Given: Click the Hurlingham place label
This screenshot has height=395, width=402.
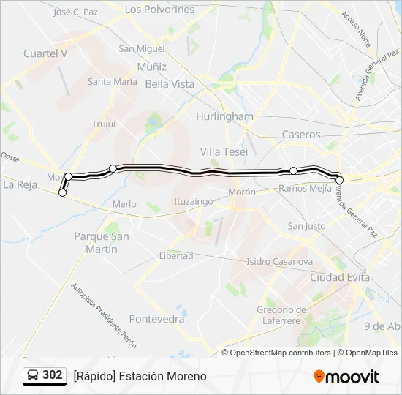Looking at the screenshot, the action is pyautogui.click(x=224, y=116).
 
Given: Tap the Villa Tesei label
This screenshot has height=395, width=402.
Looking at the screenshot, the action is pyautogui.click(x=224, y=151).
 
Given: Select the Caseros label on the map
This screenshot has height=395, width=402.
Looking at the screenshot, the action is pyautogui.click(x=301, y=135).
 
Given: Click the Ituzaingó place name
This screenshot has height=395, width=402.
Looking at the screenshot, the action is pyautogui.click(x=193, y=200).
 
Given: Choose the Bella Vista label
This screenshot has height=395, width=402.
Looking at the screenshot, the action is pyautogui.click(x=170, y=84).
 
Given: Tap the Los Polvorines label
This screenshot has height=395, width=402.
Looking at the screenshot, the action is pyautogui.click(x=159, y=10).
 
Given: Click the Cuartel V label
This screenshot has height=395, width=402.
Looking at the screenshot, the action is pyautogui.click(x=45, y=53).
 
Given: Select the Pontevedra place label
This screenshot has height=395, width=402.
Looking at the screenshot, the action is pyautogui.click(x=156, y=319).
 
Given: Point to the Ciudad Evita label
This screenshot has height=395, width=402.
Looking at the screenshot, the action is pyautogui.click(x=340, y=278).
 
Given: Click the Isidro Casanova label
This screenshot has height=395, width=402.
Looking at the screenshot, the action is pyautogui.click(x=279, y=261).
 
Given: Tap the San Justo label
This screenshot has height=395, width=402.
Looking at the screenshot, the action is pyautogui.click(x=306, y=226).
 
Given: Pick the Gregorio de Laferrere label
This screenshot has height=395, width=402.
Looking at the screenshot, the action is pyautogui.click(x=281, y=315).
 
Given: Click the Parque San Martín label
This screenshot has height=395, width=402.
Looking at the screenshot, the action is pyautogui.click(x=101, y=242).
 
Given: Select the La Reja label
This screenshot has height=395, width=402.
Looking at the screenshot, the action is pyautogui.click(x=20, y=184).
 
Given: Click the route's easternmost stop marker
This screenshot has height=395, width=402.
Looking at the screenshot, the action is pyautogui.click(x=339, y=180).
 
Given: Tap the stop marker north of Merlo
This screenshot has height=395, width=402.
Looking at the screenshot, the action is pyautogui.click(x=113, y=169).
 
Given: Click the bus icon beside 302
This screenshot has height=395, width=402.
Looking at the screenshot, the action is pyautogui.click(x=33, y=375).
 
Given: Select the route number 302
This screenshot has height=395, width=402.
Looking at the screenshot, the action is pyautogui.click(x=52, y=375).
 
